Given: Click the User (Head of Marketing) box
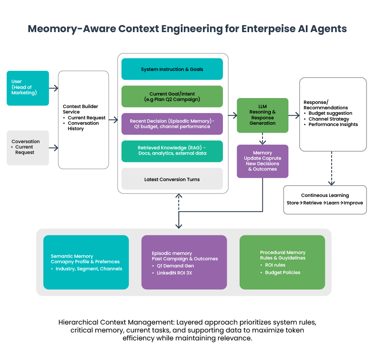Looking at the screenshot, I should pyautogui.click(x=27, y=88).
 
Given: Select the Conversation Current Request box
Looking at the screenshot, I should pyautogui.click(x=27, y=148).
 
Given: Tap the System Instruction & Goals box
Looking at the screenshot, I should pyautogui.click(x=172, y=69).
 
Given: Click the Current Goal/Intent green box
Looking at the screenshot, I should pyautogui.click(x=172, y=97).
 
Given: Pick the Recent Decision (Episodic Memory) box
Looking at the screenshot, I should pyautogui.click(x=172, y=124).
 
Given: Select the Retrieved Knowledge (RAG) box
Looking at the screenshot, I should pyautogui.click(x=172, y=151).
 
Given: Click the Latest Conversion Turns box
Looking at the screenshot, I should pyautogui.click(x=172, y=179).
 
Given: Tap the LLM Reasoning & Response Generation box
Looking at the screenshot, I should pyautogui.click(x=262, y=115).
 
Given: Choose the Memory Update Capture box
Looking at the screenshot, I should pyautogui.click(x=262, y=161).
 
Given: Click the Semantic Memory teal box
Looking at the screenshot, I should pyautogui.click(x=86, y=262).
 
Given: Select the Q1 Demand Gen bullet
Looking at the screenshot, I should pyautogui.click(x=175, y=266).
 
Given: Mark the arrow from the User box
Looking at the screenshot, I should pyautogui.click(x=54, y=88).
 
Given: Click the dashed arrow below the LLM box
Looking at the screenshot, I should pyautogui.click(x=262, y=138).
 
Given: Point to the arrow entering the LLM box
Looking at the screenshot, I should pyautogui.click(x=232, y=115).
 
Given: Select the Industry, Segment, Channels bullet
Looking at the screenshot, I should pyautogui.click(x=89, y=269).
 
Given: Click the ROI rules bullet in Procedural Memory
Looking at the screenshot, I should pyautogui.click(x=275, y=265).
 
